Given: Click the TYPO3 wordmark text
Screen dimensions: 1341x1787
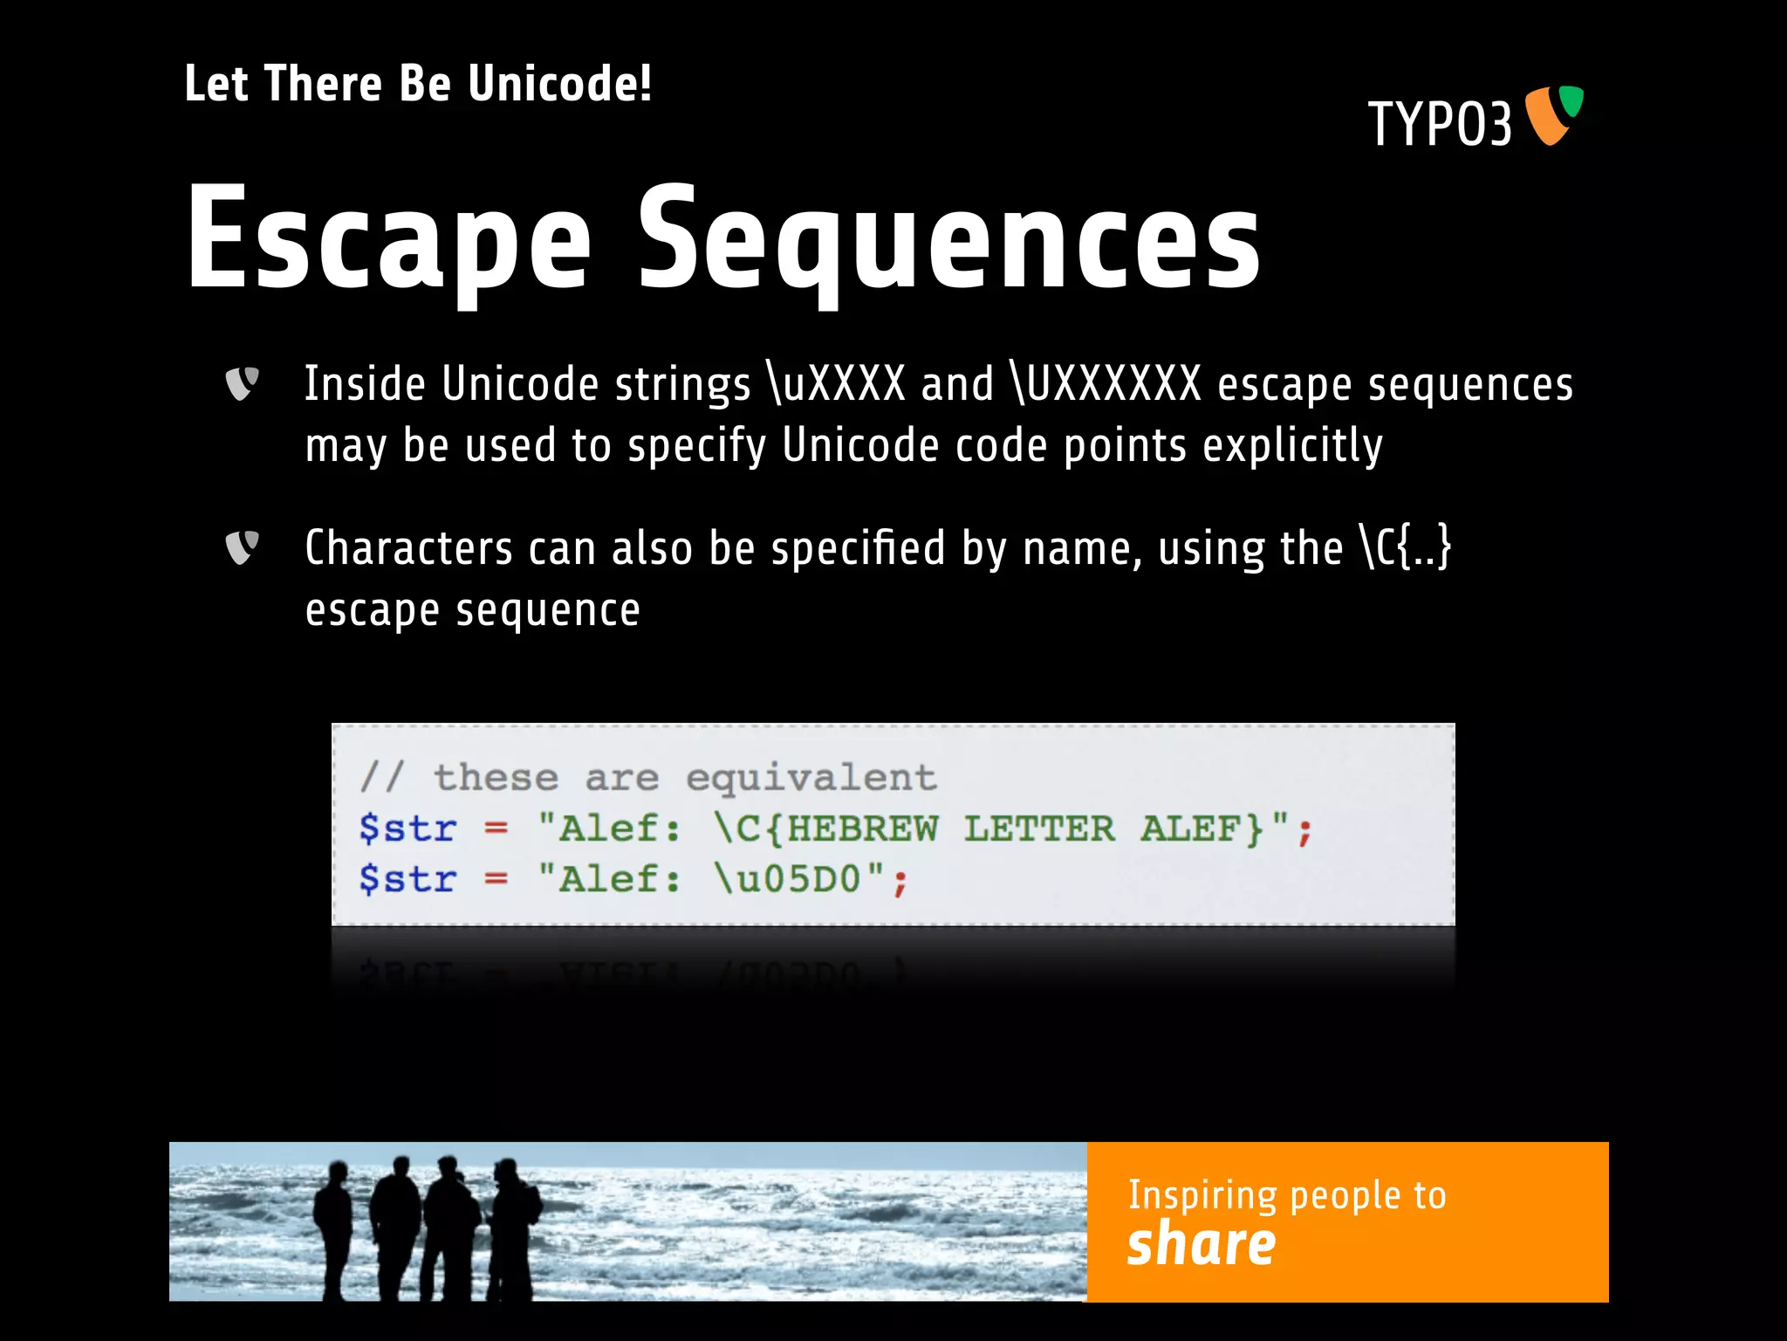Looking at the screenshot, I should (x=1440, y=125).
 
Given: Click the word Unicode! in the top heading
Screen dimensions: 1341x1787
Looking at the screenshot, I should (x=559, y=84).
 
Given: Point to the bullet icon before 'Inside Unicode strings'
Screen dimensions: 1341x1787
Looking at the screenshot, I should (x=243, y=383).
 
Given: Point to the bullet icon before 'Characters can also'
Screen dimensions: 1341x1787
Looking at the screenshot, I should (x=243, y=547).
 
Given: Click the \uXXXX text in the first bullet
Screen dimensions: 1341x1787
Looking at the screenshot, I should (x=836, y=384).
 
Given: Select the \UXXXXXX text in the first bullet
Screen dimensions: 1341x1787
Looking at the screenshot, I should (x=1106, y=384).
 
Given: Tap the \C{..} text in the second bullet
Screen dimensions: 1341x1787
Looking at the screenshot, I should (x=1405, y=547).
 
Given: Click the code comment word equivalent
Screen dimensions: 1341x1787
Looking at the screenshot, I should (x=811, y=778).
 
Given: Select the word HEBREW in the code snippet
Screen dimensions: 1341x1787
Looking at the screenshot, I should (x=862, y=829).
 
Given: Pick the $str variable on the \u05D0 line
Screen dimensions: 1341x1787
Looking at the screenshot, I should (x=407, y=879).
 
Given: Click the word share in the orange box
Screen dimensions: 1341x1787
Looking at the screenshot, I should (x=1202, y=1244).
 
